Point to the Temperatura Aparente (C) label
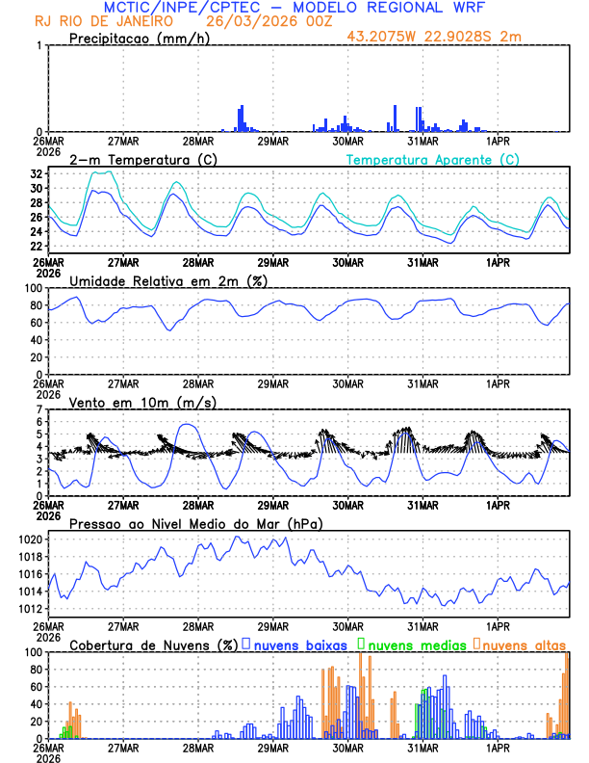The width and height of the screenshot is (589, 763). click(x=433, y=159)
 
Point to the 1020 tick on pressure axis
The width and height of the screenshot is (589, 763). click(x=31, y=539)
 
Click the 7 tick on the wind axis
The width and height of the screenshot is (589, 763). click(x=39, y=410)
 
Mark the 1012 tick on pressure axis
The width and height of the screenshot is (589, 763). click(x=31, y=609)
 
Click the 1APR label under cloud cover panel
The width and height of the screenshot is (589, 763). click(x=498, y=748)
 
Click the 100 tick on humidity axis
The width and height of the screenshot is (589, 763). click(x=34, y=288)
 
